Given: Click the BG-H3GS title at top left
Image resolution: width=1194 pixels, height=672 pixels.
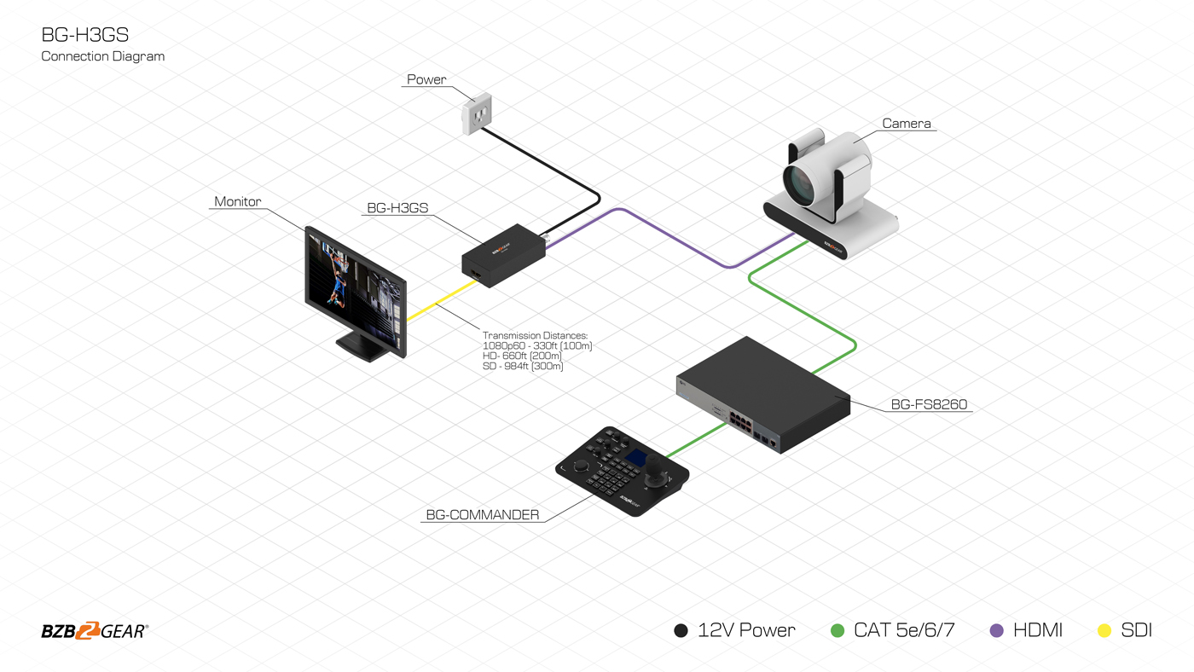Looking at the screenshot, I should pos(85,35).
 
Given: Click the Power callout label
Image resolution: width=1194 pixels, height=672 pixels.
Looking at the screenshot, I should pos(426,79).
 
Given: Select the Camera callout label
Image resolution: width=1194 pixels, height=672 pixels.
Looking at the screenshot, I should pos(906,124).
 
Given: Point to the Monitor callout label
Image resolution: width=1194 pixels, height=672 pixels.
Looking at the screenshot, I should pos(237,202).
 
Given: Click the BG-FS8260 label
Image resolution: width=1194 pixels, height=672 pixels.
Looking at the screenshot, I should pos(929,404).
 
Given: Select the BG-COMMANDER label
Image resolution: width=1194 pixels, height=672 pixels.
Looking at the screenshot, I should pos(483,515).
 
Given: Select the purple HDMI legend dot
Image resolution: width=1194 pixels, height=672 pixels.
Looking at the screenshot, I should pos(996,631).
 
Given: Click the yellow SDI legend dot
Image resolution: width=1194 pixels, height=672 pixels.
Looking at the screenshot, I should pos(1104,631).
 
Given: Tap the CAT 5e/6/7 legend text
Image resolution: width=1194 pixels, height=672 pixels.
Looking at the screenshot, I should pos(904,631).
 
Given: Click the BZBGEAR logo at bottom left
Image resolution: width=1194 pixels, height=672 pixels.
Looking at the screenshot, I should pos(95,631).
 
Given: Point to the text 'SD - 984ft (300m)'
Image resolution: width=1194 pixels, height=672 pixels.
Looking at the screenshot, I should pos(523,367).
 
